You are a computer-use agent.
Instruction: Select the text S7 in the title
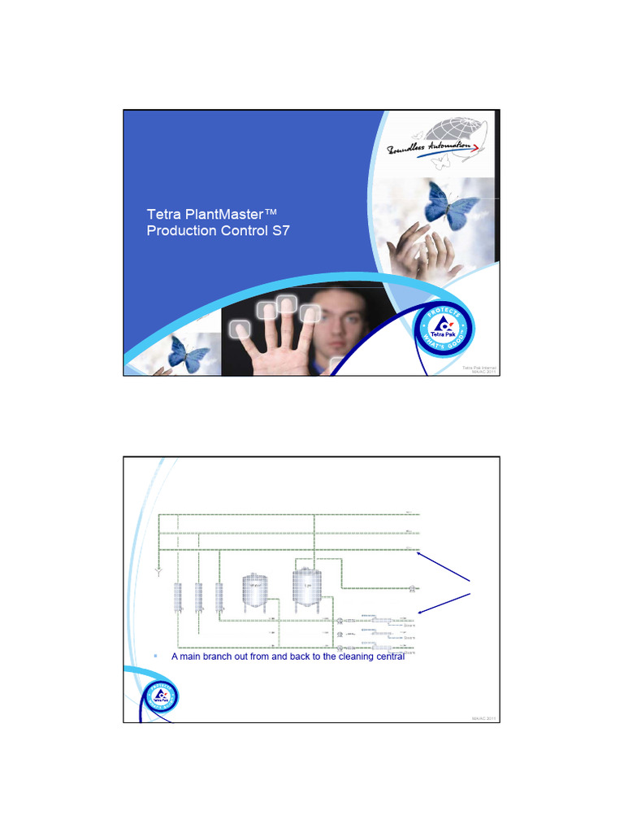280,230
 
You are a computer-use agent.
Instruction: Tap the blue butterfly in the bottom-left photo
188,354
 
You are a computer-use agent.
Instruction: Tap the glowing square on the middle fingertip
286,304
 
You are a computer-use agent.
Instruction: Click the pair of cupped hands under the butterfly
422,252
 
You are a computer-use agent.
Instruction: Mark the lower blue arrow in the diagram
445,602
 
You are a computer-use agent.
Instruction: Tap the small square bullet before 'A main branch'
155,655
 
